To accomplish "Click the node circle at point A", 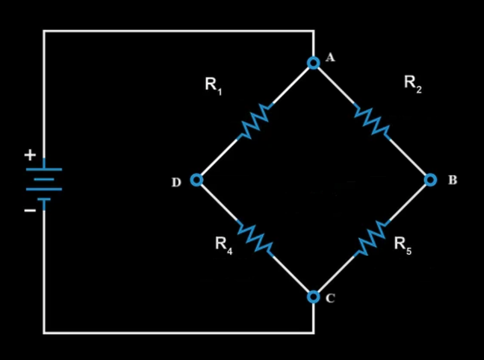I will (x=313, y=63).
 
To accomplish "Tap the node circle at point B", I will (x=431, y=180).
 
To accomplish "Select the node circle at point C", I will (x=313, y=297).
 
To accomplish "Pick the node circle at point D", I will (x=196, y=180).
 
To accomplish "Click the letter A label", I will (x=330, y=57).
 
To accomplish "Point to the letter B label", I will (x=453, y=180).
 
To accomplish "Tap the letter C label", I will (x=330, y=298).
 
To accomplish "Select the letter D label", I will (x=176, y=182).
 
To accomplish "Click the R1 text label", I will (x=213, y=85).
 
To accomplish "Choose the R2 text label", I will (x=413, y=84).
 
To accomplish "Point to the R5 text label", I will (x=403, y=244).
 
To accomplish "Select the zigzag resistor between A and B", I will (x=372, y=121).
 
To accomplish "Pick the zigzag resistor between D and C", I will (x=255, y=238).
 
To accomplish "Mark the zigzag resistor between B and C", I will (x=372, y=238).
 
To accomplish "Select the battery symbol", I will (x=44, y=184).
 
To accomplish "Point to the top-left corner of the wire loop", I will (x=44, y=31).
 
